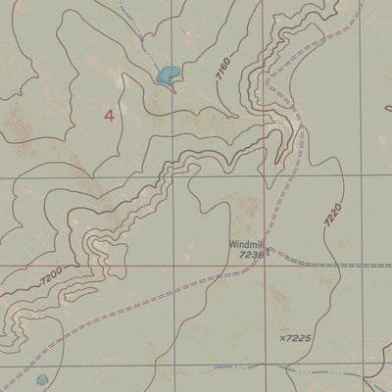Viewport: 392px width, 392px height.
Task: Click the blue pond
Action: pos(167,74)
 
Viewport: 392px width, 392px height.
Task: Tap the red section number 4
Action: pos(108,116)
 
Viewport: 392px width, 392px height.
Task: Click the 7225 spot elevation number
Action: pos(298,338)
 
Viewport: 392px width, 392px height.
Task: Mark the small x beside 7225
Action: pos(281,338)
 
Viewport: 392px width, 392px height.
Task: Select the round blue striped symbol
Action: pos(40,379)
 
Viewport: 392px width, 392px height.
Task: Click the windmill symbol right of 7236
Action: pos(268,253)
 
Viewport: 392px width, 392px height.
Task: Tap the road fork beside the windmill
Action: pos(270,247)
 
